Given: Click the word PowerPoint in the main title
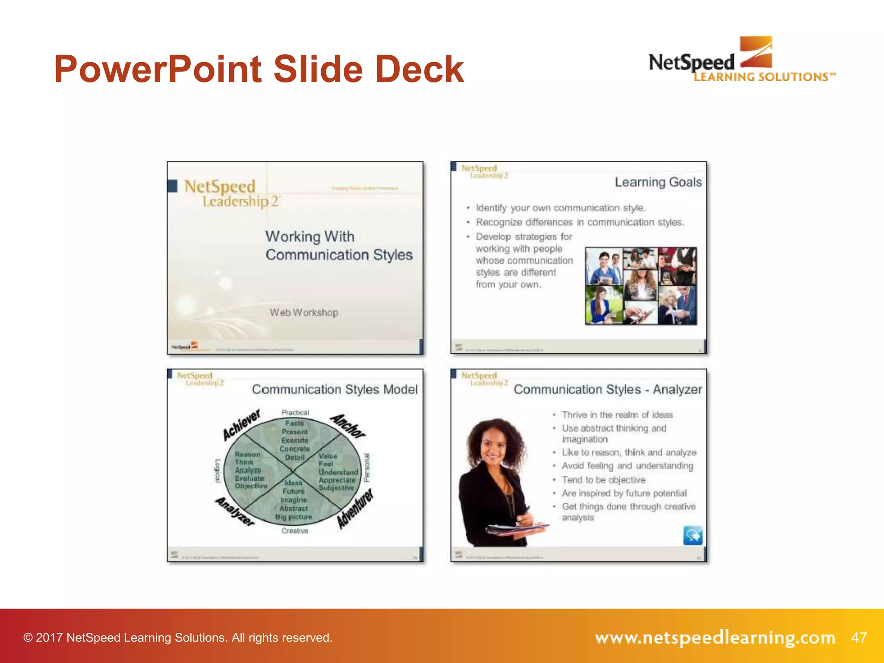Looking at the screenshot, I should point(158,69).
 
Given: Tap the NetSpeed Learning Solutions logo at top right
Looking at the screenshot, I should point(742,60).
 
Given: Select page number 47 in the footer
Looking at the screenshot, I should point(859,638).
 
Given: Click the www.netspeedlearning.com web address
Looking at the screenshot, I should point(715,638).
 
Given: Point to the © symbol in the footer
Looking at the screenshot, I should point(28,638).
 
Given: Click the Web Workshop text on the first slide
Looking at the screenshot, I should point(304,313).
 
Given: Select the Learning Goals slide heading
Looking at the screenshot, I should point(658,182).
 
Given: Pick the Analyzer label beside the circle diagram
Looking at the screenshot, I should point(235,511).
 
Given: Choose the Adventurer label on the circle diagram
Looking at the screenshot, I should point(355,509).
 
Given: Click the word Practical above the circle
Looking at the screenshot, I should point(295,413).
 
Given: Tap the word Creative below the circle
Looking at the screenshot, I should point(295,531).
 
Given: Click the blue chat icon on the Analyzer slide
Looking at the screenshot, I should point(693,535).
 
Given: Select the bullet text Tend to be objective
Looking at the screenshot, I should point(603,480).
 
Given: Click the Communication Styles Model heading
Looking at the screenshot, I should point(335,389).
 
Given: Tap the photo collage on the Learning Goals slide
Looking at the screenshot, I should point(641,286).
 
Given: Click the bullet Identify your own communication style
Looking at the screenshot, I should point(560,208).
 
